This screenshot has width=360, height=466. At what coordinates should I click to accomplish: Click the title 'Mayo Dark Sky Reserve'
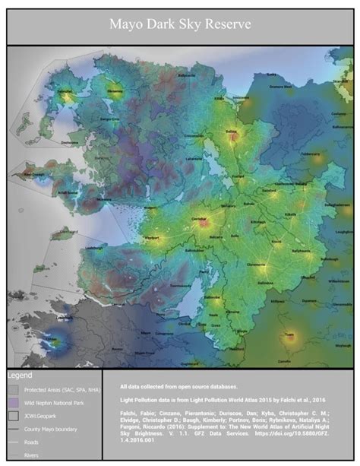[x=179, y=24]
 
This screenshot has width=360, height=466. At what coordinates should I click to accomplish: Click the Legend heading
[x=21, y=376]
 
